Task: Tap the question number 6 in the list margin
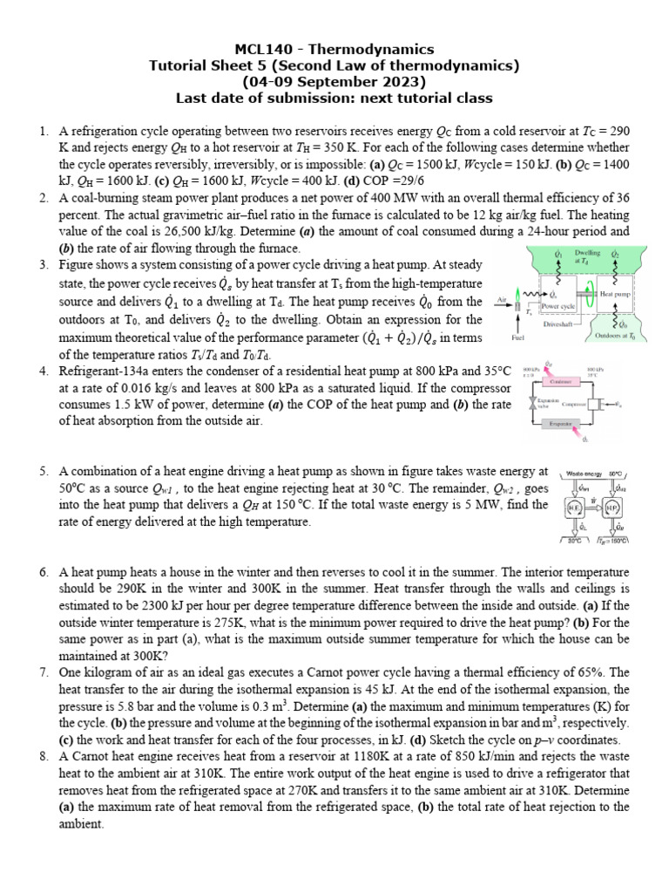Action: tap(42, 572)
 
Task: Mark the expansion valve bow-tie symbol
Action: tap(533, 403)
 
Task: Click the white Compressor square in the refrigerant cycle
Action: tap(599, 403)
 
